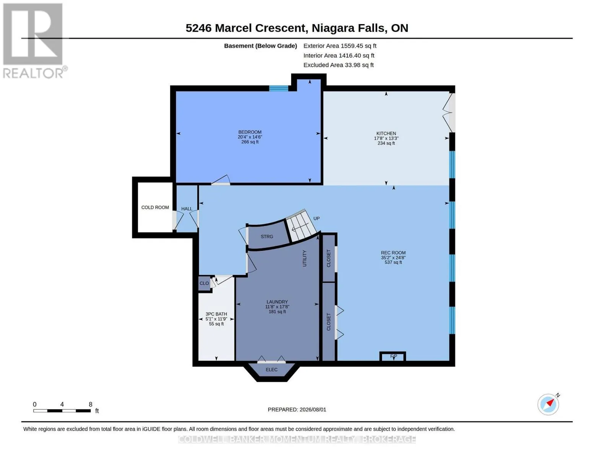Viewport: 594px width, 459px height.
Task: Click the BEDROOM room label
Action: pos(250,132)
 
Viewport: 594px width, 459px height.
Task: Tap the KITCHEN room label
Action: pos(386,133)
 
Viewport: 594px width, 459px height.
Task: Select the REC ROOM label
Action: pos(393,252)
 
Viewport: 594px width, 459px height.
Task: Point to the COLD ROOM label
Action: pos(155,207)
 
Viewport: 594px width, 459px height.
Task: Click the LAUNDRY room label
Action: pos(277,302)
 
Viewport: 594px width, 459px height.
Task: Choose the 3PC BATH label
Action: pos(216,314)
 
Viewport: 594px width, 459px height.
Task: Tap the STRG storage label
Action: pos(267,236)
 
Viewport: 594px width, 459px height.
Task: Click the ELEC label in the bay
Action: pos(272,369)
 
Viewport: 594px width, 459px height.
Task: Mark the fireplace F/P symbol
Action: pos(393,356)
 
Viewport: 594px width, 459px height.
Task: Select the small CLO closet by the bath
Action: pos(204,283)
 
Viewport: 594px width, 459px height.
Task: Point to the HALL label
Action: pos(187,209)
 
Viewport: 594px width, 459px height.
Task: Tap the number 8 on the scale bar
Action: pos(91,404)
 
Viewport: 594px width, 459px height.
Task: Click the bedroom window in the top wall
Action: pos(278,88)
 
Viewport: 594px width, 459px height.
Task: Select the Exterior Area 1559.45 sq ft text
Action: pos(340,46)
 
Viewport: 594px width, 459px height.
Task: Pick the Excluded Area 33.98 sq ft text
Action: pos(338,65)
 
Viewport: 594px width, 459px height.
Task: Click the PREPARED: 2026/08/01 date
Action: pos(297,410)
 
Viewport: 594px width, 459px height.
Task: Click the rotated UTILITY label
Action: pos(304,258)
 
